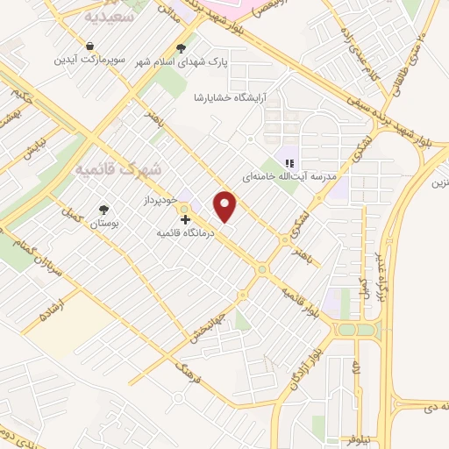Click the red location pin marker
(x=226, y=206)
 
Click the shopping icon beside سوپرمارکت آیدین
(x=90, y=46)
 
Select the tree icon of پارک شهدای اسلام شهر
(x=181, y=48)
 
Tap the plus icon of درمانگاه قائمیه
(x=185, y=218)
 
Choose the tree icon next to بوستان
(x=104, y=209)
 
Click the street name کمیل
(x=70, y=216)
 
